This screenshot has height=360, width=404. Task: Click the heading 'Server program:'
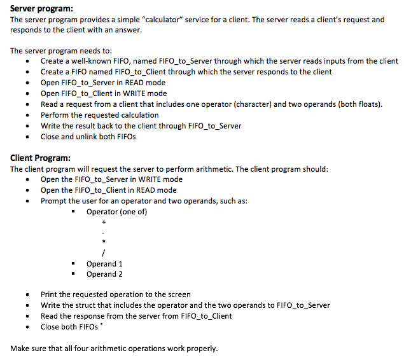(41, 8)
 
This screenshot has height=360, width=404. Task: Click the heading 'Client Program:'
(41, 158)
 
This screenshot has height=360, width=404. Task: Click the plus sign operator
(103, 223)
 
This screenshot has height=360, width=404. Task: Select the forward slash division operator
(103, 253)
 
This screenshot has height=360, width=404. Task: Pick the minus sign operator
(103, 233)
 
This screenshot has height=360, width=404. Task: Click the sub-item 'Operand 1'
(104, 263)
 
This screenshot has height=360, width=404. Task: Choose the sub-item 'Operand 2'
(104, 274)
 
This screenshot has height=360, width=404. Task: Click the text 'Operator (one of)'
(116, 212)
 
